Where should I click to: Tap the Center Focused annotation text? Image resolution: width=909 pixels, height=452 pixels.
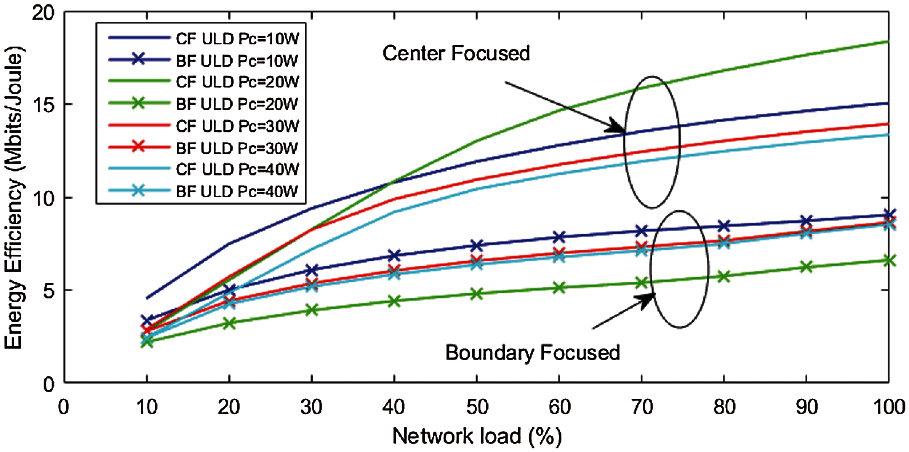[456, 53]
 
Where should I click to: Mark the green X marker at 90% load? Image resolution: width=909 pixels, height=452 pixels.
[806, 267]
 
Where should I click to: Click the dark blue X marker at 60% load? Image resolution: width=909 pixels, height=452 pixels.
[559, 237]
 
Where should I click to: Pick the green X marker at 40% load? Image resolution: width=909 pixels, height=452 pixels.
[394, 301]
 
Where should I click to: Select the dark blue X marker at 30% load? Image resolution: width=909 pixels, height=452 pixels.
[312, 270]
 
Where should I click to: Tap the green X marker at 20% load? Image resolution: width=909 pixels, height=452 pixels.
[229, 323]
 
